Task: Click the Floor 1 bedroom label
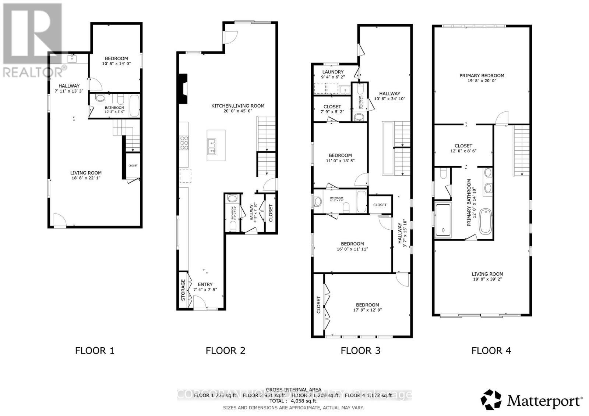[x=116, y=58]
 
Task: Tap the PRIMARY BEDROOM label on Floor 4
[x=482, y=76]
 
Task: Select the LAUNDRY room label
[x=333, y=72]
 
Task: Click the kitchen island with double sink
[x=216, y=145]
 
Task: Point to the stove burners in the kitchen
[x=184, y=143]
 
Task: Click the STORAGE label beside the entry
[x=183, y=290]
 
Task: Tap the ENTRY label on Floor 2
[x=205, y=284]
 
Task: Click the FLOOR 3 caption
[x=360, y=351]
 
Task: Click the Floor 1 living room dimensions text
[x=86, y=178]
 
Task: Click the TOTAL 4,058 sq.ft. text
[x=293, y=401]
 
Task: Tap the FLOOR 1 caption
[x=95, y=351]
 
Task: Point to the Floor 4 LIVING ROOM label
[x=487, y=274]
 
